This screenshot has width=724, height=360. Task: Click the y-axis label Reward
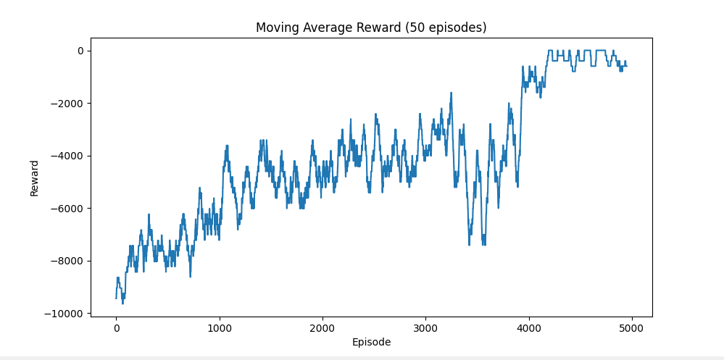[x=35, y=177]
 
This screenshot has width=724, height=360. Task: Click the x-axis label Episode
[x=371, y=342]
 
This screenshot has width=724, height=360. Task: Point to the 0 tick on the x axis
[x=116, y=327]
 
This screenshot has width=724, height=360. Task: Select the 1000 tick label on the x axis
[x=219, y=327]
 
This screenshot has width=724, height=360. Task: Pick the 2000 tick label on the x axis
[x=323, y=327]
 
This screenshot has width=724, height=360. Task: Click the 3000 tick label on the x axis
[x=425, y=327]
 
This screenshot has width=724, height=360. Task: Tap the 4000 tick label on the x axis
[x=528, y=327]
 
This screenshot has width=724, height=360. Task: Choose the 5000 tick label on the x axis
[x=632, y=327]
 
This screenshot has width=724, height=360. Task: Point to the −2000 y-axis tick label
[x=67, y=104]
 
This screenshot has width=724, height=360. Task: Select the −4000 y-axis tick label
[x=67, y=156]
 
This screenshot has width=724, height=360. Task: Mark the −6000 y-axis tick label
[x=67, y=209]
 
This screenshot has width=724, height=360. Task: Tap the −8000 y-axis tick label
[x=67, y=261]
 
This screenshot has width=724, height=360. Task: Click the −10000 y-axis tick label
[x=64, y=314]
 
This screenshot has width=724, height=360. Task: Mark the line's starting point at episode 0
[x=116, y=298]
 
